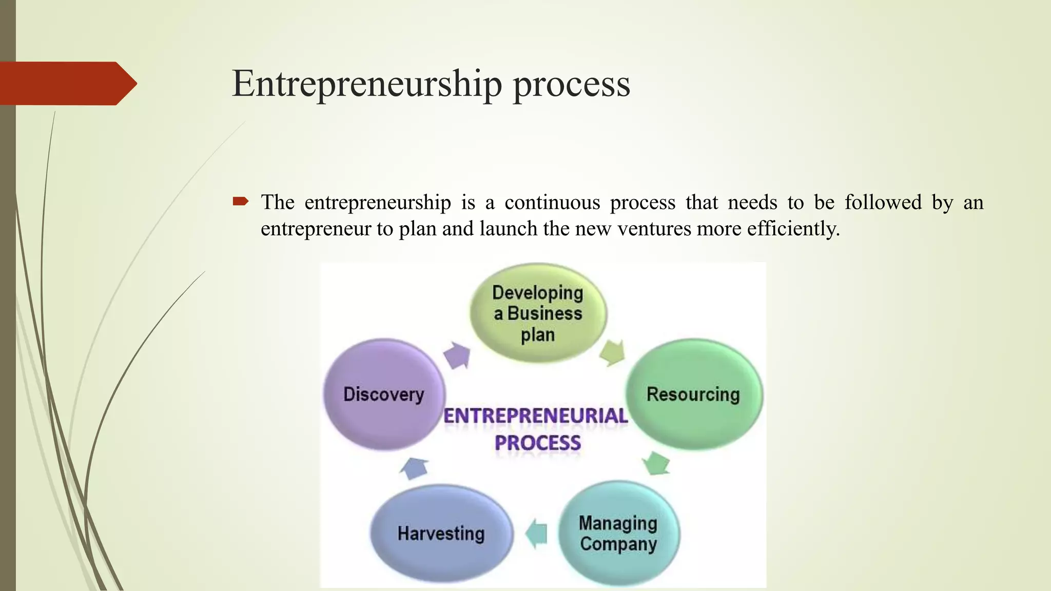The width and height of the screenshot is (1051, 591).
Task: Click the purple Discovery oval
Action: pyautogui.click(x=384, y=394)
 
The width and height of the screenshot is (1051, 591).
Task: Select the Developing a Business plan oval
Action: pyautogui.click(x=538, y=313)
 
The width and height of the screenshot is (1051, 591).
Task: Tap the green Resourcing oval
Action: pyautogui.click(x=693, y=394)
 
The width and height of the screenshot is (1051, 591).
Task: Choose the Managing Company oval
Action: pyautogui.click(x=618, y=534)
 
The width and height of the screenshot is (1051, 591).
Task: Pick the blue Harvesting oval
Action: pyautogui.click(x=441, y=534)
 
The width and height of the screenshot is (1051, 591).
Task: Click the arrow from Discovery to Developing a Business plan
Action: pyautogui.click(x=457, y=355)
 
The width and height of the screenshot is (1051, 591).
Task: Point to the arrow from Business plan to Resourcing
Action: pyautogui.click(x=612, y=352)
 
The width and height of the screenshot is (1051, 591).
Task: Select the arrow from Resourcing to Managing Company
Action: pyautogui.click(x=656, y=463)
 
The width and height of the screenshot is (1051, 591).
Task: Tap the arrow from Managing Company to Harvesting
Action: pyautogui.click(x=537, y=533)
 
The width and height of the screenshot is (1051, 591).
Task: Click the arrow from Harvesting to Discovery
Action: pyautogui.click(x=414, y=468)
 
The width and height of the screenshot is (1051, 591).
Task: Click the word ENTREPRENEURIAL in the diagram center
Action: pyautogui.click(x=535, y=416)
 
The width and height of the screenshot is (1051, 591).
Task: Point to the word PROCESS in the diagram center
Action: pyautogui.click(x=537, y=443)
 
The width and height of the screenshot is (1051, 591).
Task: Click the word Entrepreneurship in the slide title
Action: pyautogui.click(x=366, y=84)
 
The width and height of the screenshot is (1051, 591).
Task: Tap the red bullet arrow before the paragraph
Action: pyautogui.click(x=240, y=201)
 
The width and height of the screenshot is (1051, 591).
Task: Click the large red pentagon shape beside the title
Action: pyautogui.click(x=67, y=84)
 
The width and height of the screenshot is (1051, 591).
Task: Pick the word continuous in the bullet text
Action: pyautogui.click(x=552, y=203)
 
